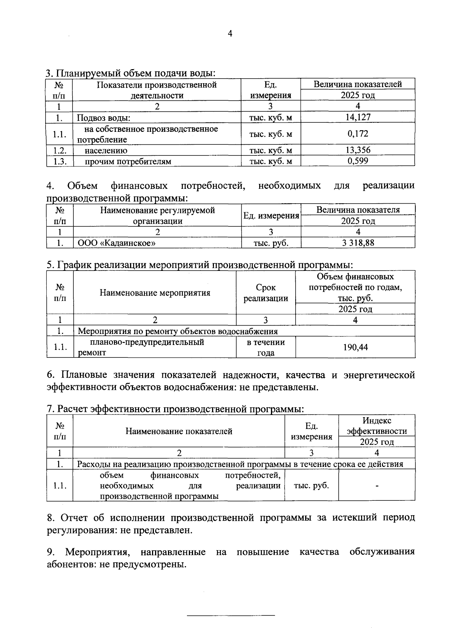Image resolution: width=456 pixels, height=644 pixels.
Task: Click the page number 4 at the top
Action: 229,33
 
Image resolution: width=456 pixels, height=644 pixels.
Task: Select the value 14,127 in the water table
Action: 358,117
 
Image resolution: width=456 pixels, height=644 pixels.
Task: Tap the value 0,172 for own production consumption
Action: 358,134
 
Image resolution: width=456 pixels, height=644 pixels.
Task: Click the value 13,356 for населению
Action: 358,150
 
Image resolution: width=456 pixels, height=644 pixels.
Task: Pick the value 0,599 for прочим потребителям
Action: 358,161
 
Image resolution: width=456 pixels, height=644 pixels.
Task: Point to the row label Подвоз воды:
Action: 103,118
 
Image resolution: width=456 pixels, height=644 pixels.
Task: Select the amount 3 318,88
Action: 358,243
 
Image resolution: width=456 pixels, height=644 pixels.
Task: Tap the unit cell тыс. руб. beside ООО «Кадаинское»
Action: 271,243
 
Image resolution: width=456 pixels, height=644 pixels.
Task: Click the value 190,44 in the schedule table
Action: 355,347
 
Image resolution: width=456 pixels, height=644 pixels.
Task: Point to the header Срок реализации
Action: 266,293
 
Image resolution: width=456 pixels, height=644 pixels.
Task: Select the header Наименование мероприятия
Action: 155,293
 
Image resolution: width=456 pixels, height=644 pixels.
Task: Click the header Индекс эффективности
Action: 377,426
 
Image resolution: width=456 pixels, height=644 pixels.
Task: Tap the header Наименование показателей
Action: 179,431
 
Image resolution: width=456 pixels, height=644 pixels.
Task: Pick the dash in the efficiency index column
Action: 377,486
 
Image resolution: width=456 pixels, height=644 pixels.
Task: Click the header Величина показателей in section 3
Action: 358,84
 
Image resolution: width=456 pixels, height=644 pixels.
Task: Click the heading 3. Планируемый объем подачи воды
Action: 130,73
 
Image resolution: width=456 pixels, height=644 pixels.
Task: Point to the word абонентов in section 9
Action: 71,564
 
